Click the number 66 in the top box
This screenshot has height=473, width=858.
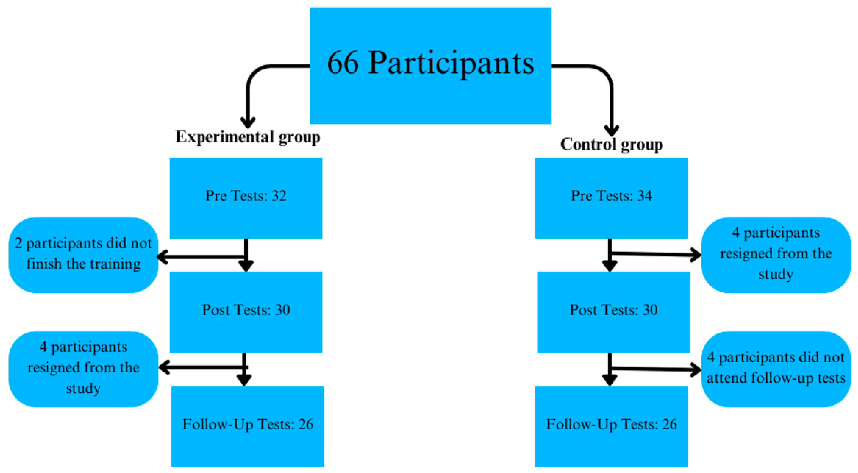[343, 63]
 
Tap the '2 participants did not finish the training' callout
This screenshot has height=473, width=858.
[83, 255]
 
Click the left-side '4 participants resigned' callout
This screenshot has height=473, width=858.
[83, 369]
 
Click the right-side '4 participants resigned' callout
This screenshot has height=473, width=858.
[776, 255]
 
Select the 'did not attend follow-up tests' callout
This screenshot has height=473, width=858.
[776, 369]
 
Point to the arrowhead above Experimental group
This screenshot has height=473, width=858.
[248, 123]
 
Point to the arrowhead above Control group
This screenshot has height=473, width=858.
[612, 130]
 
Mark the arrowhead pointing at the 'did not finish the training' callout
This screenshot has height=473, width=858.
[162, 257]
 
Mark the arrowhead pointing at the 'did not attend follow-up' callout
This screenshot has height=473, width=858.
[696, 370]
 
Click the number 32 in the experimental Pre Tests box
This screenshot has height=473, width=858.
[279, 196]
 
